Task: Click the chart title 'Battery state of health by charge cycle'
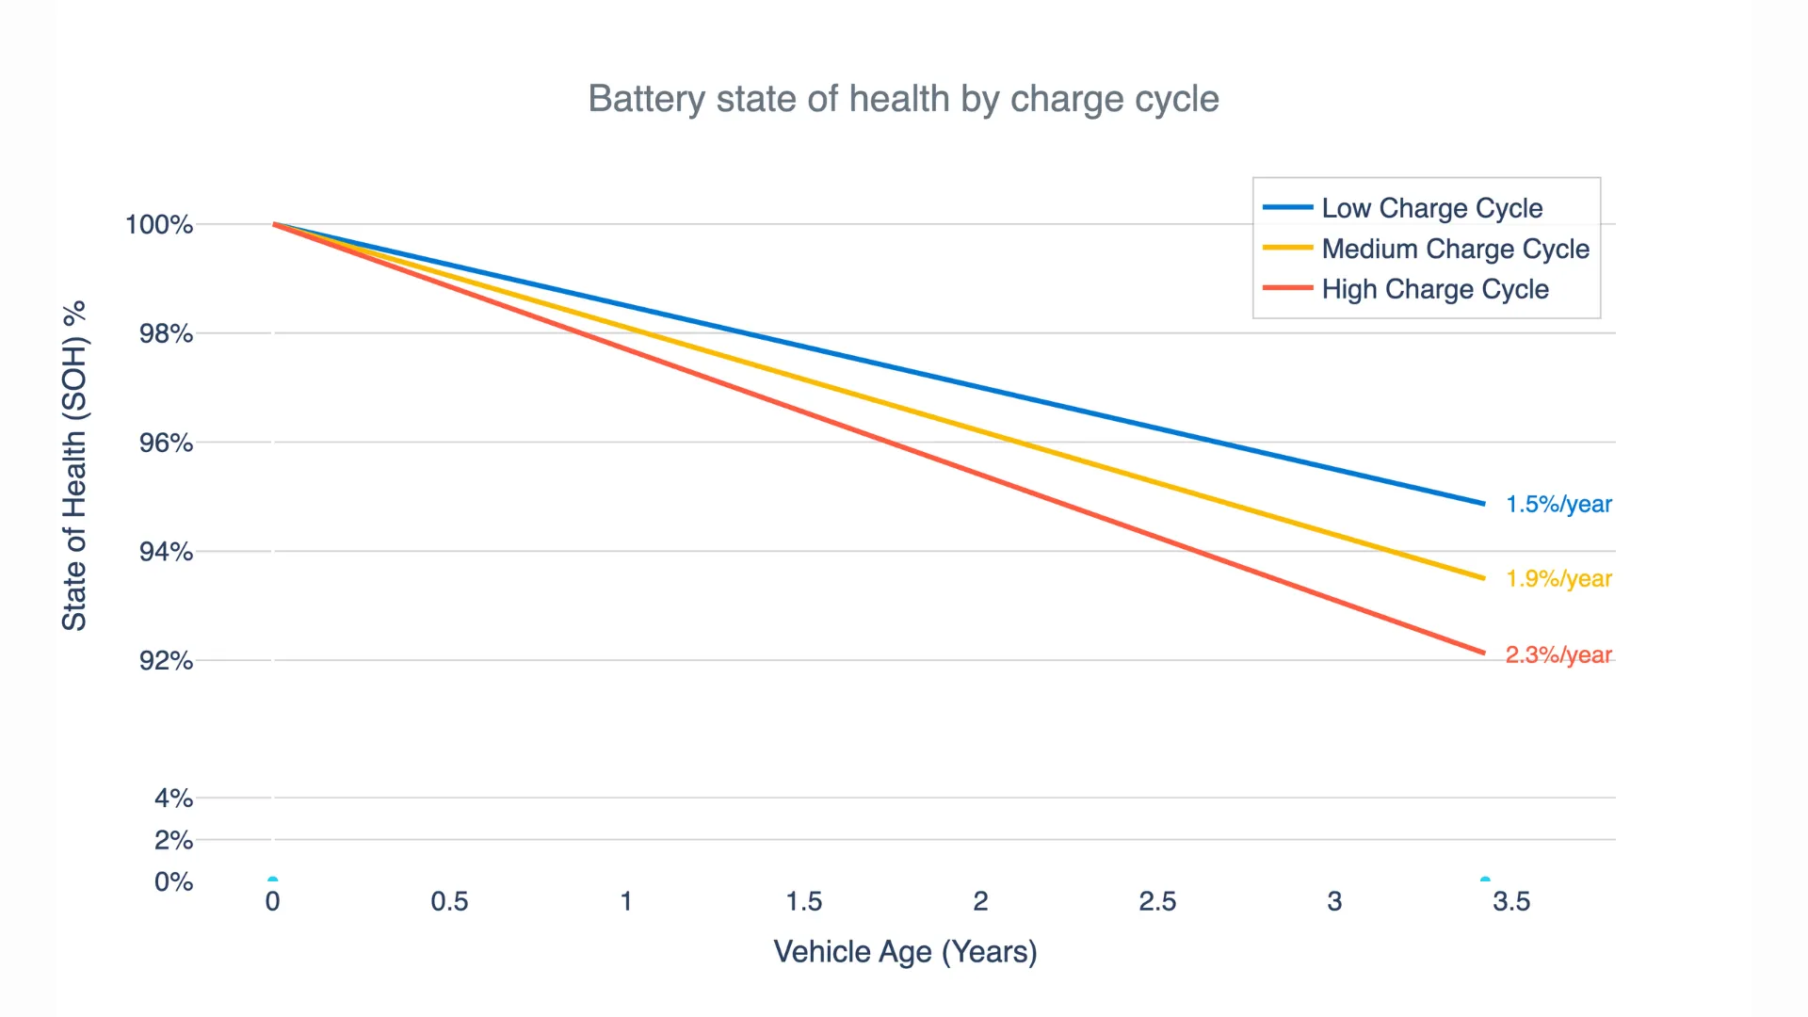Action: (x=903, y=99)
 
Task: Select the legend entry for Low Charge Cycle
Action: (x=1431, y=208)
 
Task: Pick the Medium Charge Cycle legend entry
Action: (x=1455, y=249)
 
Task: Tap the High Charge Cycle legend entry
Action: (x=1434, y=289)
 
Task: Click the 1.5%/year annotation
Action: (x=1558, y=505)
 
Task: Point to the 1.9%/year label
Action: (x=1558, y=579)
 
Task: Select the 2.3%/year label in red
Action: (x=1558, y=654)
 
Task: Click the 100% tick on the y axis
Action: (x=159, y=225)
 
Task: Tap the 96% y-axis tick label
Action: (x=166, y=443)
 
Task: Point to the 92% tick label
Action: (x=166, y=661)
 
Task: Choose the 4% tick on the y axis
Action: (x=173, y=799)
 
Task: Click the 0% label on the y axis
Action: (x=173, y=882)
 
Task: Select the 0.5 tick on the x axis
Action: (x=449, y=902)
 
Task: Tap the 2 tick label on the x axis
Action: (x=980, y=902)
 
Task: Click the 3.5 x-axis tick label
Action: (x=1511, y=902)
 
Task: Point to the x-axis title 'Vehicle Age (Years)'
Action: (x=905, y=952)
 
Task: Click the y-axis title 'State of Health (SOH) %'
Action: (x=74, y=466)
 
